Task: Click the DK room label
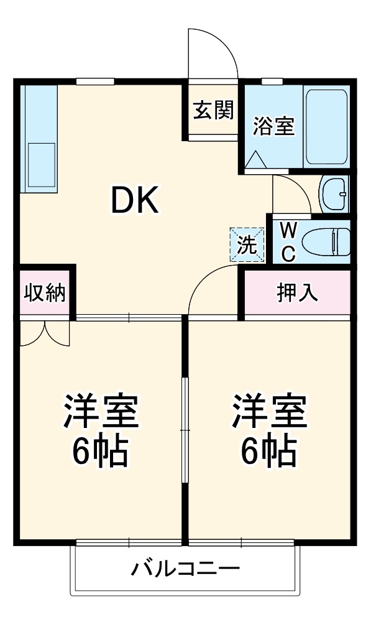coord(134,201)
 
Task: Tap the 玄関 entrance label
coord(213,111)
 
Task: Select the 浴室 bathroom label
coord(273,126)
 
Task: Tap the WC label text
coord(288,243)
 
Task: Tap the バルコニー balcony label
coord(185,569)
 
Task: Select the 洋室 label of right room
coord(269,411)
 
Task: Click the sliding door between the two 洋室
coord(184,429)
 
